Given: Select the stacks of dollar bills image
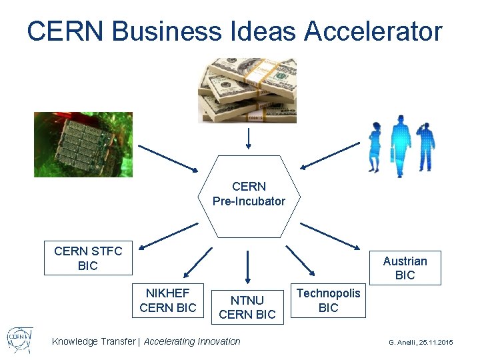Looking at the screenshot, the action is tap(247, 90).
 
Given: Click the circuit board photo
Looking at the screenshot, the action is tap(83, 144).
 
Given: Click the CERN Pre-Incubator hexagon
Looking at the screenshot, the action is tap(249, 195).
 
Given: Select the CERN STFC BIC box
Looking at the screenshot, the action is tap(88, 258).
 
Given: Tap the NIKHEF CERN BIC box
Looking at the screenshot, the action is tap(168, 300).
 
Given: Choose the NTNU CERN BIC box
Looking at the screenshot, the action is tap(247, 307).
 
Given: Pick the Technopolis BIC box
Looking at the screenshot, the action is tap(328, 300).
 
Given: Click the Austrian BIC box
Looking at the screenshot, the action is tap(405, 268).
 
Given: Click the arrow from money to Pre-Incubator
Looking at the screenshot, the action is tap(248, 139).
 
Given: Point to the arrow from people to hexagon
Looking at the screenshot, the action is tap(329, 155).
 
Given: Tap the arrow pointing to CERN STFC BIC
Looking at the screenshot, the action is tap(169, 235).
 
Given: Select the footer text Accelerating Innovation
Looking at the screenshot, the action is tap(192, 341).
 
